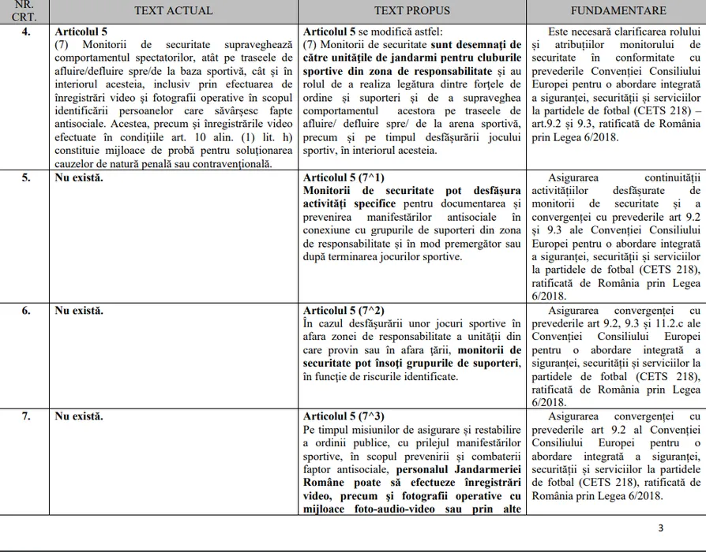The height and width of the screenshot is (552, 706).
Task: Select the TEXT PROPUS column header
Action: tap(412, 11)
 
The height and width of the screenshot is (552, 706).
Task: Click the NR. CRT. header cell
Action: tap(25, 11)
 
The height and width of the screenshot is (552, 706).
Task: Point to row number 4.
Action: tap(25, 32)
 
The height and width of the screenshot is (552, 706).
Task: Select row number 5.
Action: tap(25, 177)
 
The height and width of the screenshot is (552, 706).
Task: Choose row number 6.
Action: tap(25, 311)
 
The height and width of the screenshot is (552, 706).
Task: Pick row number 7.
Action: tap(25, 416)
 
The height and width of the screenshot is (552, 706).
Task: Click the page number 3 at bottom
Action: tap(660, 528)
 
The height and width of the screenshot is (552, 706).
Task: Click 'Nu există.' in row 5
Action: tap(79, 177)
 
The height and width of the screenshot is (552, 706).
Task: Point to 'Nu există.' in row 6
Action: tap(79, 311)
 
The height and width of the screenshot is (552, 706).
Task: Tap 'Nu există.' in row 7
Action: tap(79, 416)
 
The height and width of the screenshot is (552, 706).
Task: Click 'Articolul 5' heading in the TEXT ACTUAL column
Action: tap(82, 32)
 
